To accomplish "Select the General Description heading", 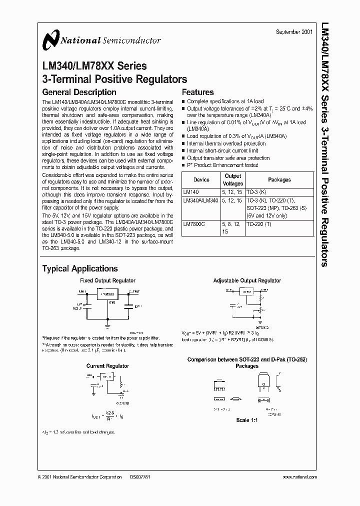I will [x=79, y=92].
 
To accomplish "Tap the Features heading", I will [x=197, y=92].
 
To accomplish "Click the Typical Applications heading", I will [x=80, y=269].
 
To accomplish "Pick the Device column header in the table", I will [x=201, y=179].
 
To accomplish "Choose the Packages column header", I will [x=279, y=179].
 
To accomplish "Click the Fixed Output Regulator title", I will [x=108, y=281].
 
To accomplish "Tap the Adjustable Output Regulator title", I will [x=247, y=281].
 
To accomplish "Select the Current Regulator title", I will [x=107, y=366].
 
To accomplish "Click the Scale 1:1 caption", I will [x=247, y=420].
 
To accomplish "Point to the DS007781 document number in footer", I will [x=139, y=477].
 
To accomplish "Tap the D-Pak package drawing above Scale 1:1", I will [x=264, y=383].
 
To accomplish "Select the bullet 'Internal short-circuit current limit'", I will [x=222, y=150].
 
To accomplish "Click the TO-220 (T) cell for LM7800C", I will [x=258, y=225].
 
